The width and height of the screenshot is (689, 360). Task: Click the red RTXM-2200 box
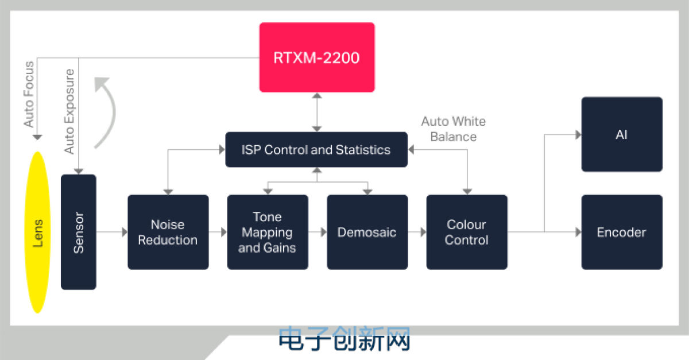pyautogui.click(x=317, y=57)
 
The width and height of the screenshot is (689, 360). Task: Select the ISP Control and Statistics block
pyautogui.click(x=316, y=150)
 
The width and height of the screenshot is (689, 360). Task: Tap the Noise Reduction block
pyautogui.click(x=168, y=232)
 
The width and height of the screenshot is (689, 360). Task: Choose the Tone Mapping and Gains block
pyautogui.click(x=268, y=232)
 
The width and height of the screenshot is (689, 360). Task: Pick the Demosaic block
pyautogui.click(x=367, y=232)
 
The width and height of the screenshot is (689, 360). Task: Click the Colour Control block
pyautogui.click(x=467, y=232)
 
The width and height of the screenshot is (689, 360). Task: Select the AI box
pyautogui.click(x=622, y=134)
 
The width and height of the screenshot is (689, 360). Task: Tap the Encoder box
pyautogui.click(x=622, y=232)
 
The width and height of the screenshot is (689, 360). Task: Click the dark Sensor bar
pyautogui.click(x=79, y=232)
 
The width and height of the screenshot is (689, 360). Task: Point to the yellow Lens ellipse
pyautogui.click(x=38, y=232)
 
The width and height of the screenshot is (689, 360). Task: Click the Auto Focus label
pyautogui.click(x=29, y=94)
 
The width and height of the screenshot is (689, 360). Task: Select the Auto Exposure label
pyautogui.click(x=69, y=111)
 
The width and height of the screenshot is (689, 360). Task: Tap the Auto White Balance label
pyautogui.click(x=454, y=129)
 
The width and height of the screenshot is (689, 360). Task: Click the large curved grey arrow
pyautogui.click(x=107, y=112)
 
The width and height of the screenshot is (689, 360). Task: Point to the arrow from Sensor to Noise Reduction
pyautogui.click(x=112, y=232)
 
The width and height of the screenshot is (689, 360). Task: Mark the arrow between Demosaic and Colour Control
pyautogui.click(x=417, y=232)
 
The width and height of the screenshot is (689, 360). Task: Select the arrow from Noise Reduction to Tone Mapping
pyautogui.click(x=218, y=232)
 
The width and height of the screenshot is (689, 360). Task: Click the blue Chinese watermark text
pyautogui.click(x=344, y=339)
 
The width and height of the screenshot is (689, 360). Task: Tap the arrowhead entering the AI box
pyautogui.click(x=577, y=134)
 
